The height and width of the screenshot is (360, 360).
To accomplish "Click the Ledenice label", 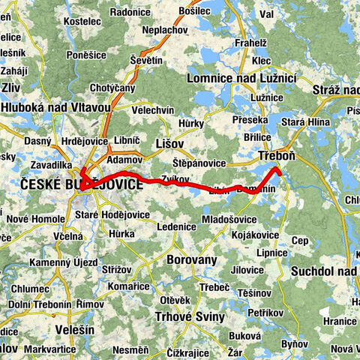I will (x=176, y=226).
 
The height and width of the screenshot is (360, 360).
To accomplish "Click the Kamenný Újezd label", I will (x=59, y=262).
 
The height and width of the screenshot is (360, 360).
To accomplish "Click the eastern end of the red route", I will (x=278, y=171).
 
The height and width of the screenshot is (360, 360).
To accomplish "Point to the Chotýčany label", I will (x=112, y=88).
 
